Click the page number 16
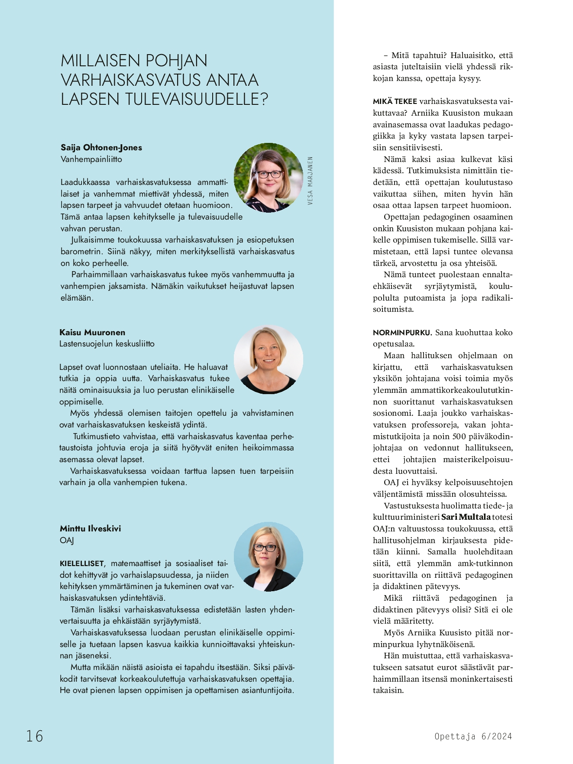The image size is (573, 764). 35,736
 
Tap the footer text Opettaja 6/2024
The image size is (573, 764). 473,736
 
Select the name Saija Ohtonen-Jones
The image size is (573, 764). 101,148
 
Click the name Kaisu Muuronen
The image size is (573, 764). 92,333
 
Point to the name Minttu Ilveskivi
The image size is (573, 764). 90,529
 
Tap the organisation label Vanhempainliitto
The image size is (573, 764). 91,159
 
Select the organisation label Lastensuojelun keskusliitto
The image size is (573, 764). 107,344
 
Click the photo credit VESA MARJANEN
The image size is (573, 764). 310,181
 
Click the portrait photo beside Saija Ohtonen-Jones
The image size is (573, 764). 269,178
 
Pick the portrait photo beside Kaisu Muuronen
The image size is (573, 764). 269,359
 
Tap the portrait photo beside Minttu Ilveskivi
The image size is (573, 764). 269,557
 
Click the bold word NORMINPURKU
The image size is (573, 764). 402,333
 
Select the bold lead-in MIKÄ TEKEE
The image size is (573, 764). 395,102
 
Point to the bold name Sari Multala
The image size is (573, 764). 466,517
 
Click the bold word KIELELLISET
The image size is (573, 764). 82,564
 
